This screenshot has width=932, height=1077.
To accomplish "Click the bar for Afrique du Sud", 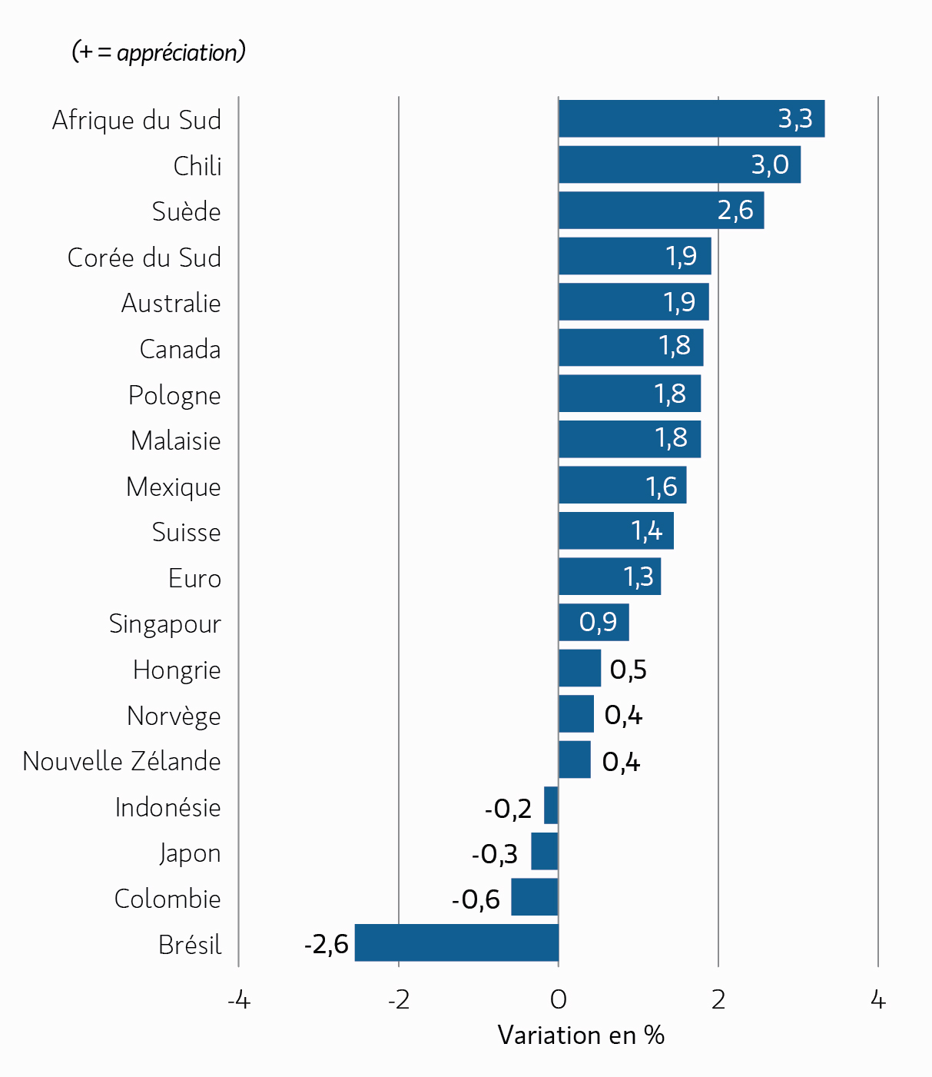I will click(x=692, y=119).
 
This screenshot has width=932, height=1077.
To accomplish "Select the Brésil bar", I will click(x=456, y=942).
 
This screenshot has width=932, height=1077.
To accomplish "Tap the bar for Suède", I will click(x=661, y=210).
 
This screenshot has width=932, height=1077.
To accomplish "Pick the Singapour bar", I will click(x=593, y=622).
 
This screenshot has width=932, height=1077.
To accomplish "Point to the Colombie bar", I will click(x=535, y=897).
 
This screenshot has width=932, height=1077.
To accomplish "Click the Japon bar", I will click(x=545, y=852).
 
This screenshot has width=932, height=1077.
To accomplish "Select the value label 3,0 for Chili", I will click(x=770, y=165).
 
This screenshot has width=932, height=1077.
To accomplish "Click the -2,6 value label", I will click(x=327, y=943).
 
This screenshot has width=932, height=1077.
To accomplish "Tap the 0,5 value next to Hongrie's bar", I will click(x=628, y=670).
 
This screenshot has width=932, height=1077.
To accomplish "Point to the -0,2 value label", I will click(x=508, y=808).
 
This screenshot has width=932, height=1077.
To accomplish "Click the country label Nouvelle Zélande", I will click(x=122, y=761).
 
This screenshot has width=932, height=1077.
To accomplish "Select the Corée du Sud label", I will click(x=144, y=258).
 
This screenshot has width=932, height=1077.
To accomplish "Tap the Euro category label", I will click(x=194, y=578).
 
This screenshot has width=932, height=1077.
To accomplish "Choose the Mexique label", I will click(x=174, y=487).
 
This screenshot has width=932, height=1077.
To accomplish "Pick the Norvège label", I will click(x=174, y=716).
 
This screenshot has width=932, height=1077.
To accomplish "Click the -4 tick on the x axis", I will click(x=239, y=1000).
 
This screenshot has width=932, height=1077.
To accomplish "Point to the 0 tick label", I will click(x=559, y=1000).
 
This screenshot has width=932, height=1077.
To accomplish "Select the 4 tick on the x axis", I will click(x=878, y=1000).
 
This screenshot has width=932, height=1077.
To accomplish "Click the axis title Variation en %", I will click(x=581, y=1035).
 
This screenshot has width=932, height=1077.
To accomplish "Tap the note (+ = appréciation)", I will click(x=159, y=52).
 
